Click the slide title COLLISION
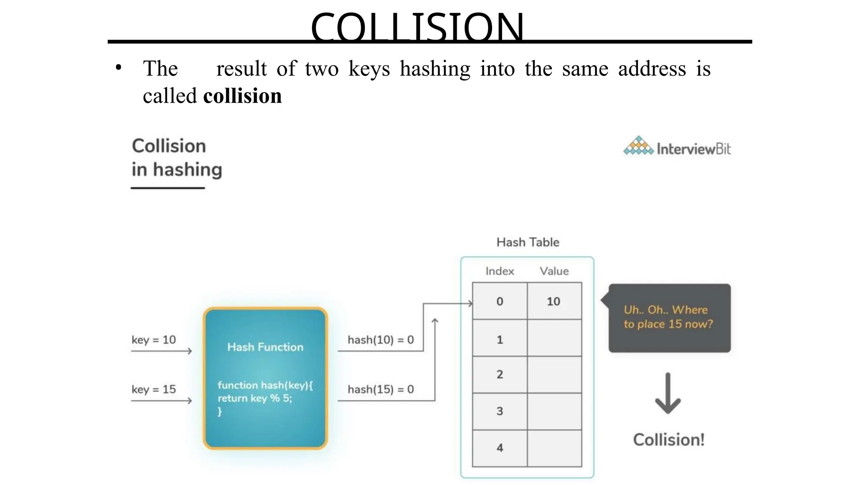(x=417, y=27)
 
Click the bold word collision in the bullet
(x=242, y=96)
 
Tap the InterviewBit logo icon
(x=638, y=146)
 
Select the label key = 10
(x=154, y=340)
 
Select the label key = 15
(x=154, y=389)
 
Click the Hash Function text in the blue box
(x=265, y=347)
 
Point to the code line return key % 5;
(x=255, y=398)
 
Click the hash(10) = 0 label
(x=380, y=340)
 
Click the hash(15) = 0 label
(x=380, y=389)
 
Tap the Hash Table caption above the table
(x=528, y=242)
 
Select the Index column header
(x=500, y=271)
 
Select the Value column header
(x=554, y=271)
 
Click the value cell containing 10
(x=554, y=301)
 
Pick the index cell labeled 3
(x=500, y=411)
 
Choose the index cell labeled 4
(x=500, y=448)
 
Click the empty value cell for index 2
(x=554, y=375)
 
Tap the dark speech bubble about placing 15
(x=669, y=318)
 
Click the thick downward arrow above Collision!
(x=668, y=394)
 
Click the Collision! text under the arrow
(x=668, y=440)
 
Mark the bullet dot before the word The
(x=119, y=68)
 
